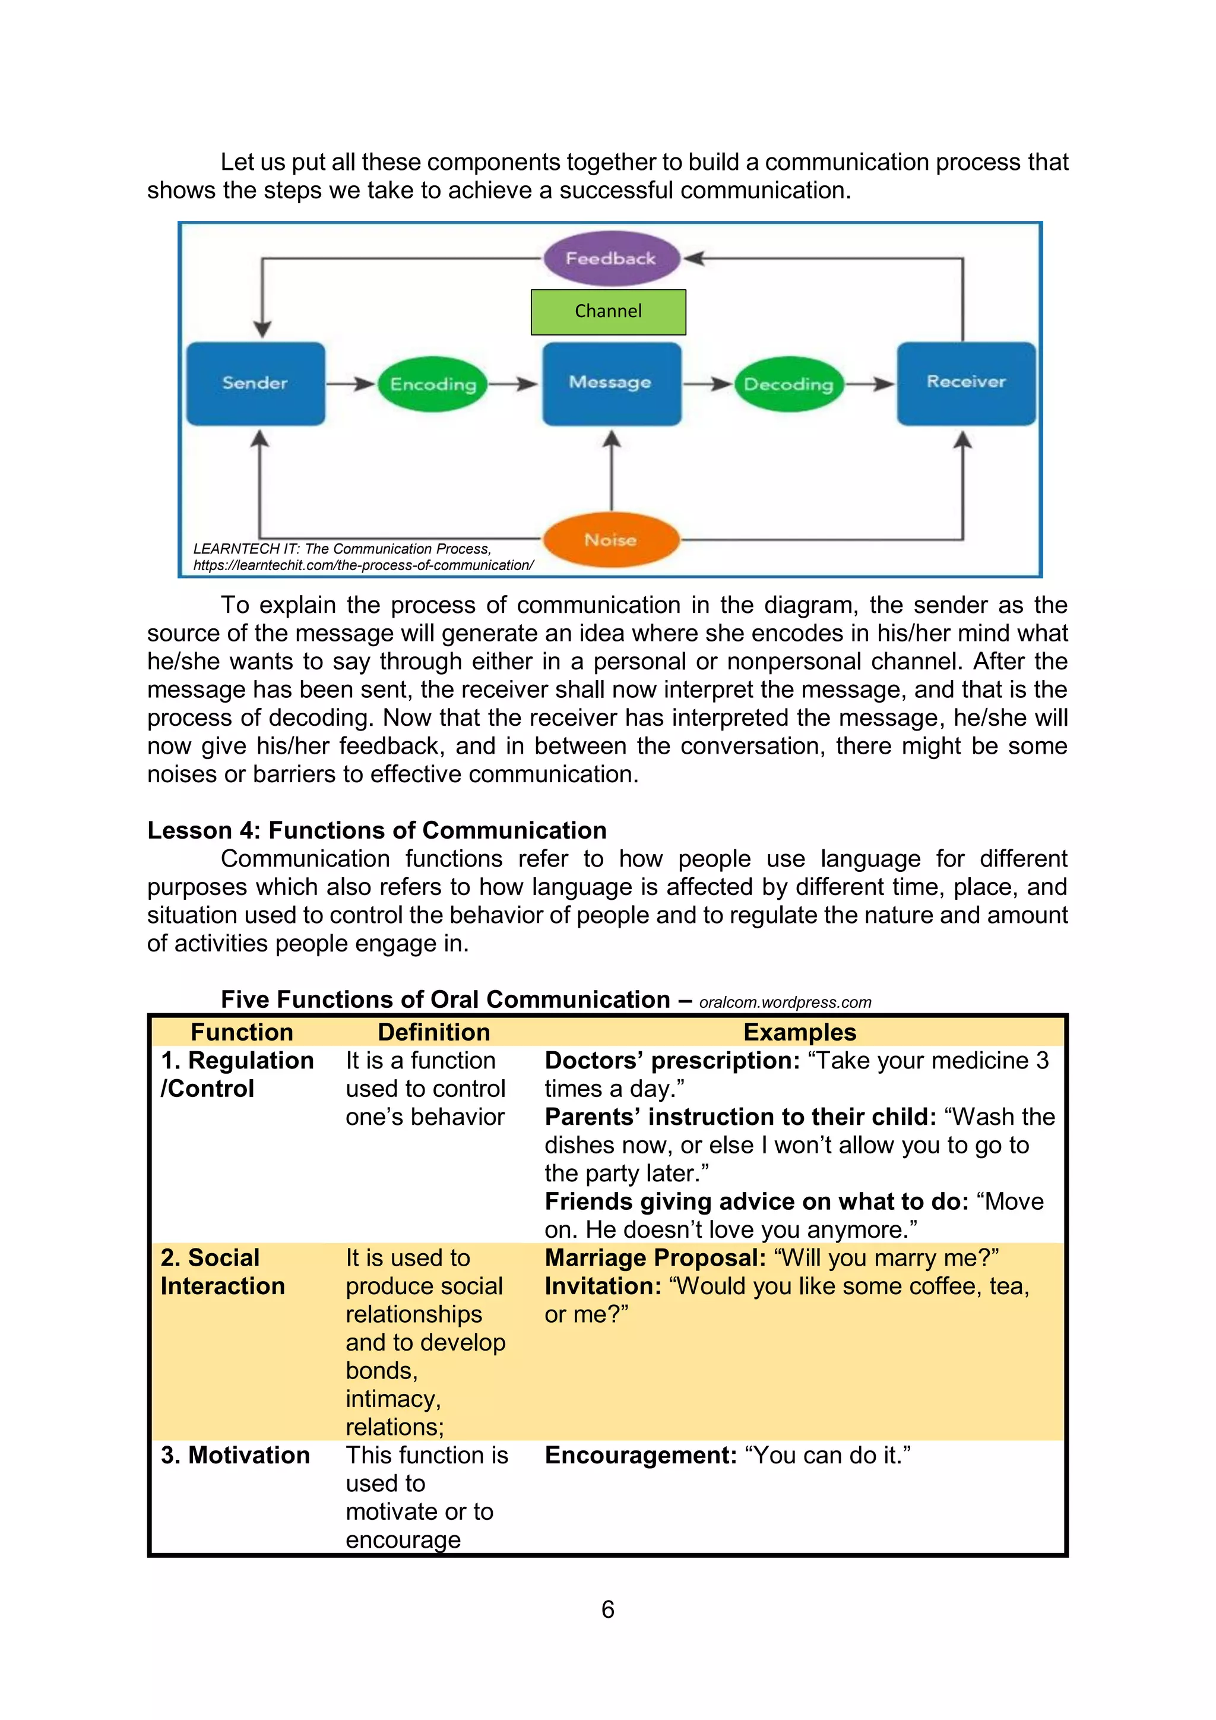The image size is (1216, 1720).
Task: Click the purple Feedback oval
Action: click(611, 258)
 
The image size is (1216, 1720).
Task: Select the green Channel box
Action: click(608, 312)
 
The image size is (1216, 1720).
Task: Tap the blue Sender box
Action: click(255, 384)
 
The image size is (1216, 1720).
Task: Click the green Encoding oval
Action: click(433, 384)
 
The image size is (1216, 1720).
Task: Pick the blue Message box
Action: click(611, 383)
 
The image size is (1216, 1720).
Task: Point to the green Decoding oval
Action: click(788, 384)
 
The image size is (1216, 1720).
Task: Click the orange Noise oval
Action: click(610, 539)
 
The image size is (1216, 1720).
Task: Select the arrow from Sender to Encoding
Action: click(350, 384)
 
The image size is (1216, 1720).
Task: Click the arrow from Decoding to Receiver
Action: click(870, 384)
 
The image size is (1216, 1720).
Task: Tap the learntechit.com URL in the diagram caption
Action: click(363, 565)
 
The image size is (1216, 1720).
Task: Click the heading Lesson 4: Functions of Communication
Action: click(376, 830)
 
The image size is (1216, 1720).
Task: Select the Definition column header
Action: click(433, 1032)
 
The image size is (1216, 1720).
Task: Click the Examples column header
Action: click(799, 1032)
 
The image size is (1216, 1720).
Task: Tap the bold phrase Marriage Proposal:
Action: click(655, 1258)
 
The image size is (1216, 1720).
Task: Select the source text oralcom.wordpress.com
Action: click(785, 1003)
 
